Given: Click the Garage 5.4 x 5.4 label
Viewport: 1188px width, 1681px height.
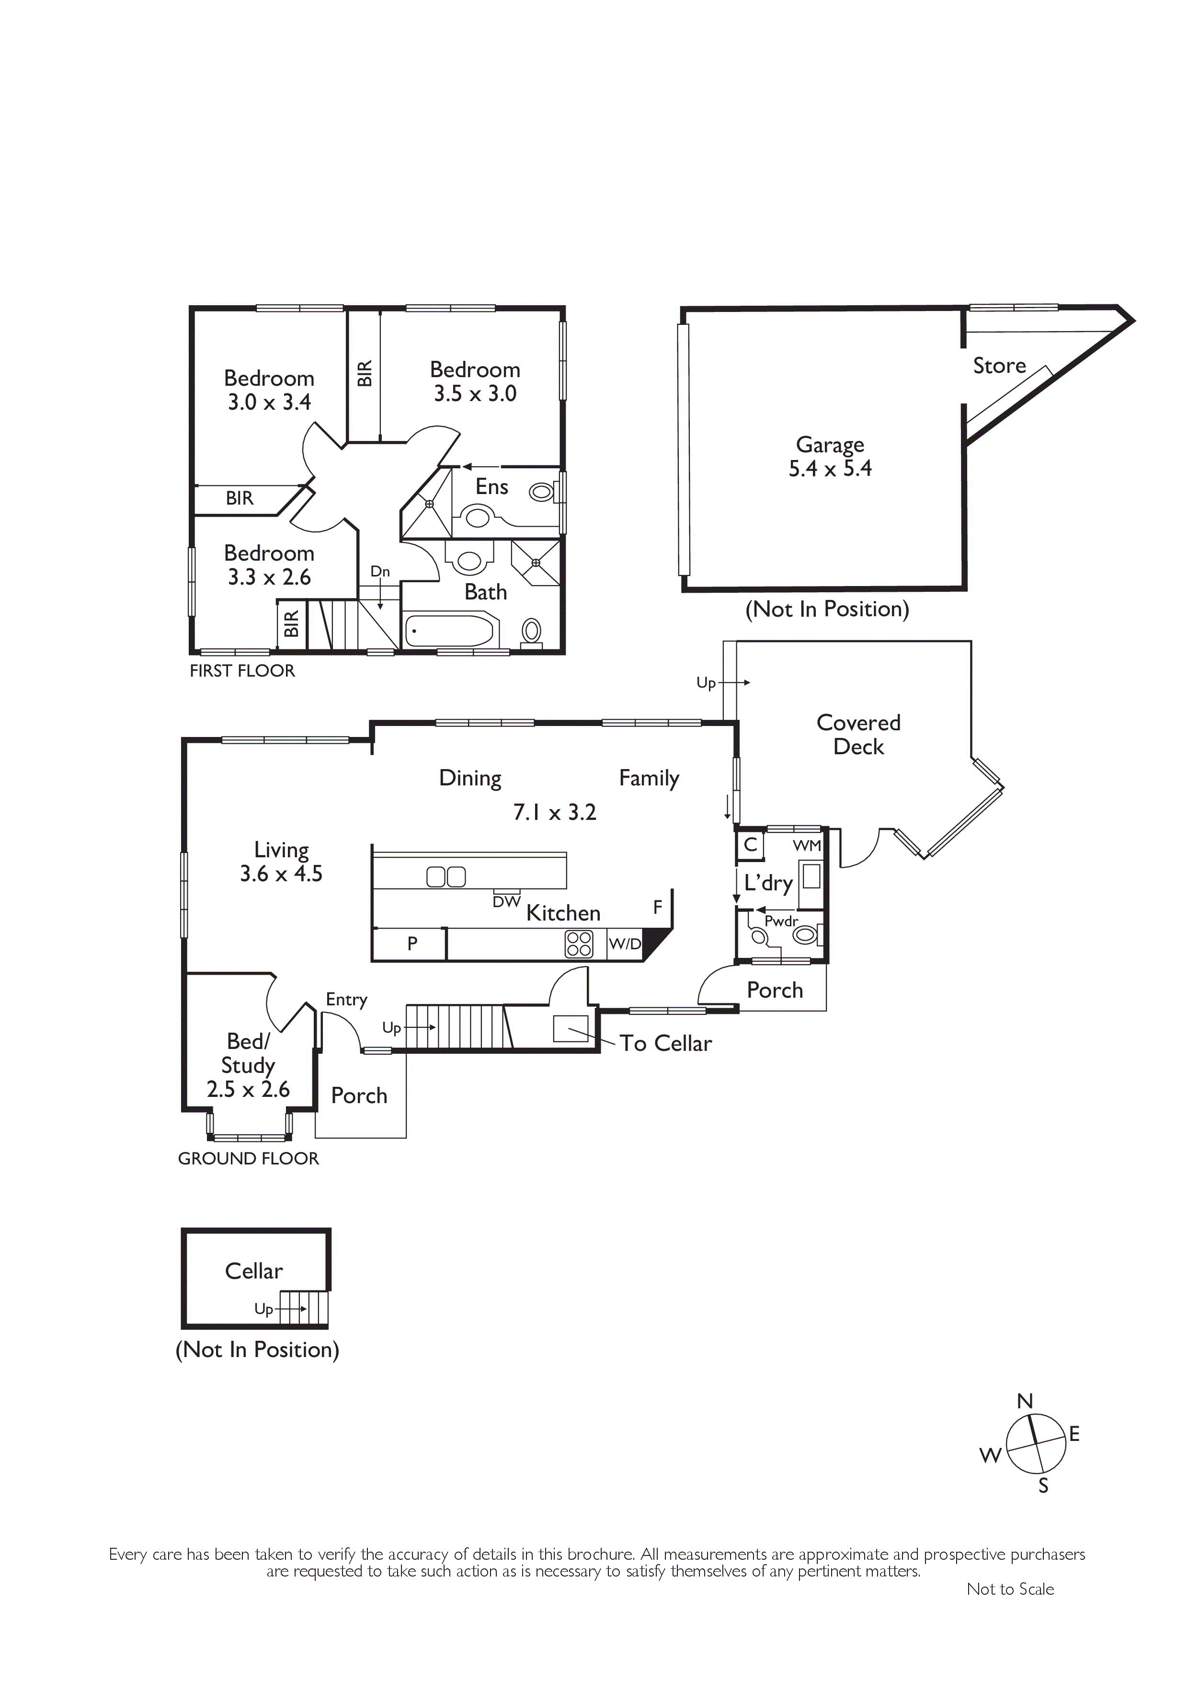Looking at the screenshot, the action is coord(830,456).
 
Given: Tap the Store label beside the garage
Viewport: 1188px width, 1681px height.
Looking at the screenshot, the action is coord(999,365).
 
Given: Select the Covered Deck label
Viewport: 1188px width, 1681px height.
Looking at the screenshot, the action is coord(858,734).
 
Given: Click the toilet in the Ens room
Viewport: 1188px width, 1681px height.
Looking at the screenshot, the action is coord(543,492).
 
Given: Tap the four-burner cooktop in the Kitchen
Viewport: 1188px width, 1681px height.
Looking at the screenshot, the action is coord(579,944).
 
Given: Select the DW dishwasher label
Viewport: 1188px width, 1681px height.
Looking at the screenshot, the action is coord(506,902).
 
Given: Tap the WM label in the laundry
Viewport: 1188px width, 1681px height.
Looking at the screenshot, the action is coord(807,846).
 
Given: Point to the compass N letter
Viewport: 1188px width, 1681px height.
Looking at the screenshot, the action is coord(1025,1401).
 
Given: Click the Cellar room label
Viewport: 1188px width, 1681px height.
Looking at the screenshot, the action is coord(253,1270).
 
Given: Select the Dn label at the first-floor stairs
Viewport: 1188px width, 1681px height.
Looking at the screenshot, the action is coord(380,571).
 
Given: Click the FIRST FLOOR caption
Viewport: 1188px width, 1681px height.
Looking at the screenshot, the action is coord(242,671).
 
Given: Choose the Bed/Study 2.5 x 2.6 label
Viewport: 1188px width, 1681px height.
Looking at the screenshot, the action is coord(248,1065).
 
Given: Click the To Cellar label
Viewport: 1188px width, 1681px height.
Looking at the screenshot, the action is coord(665,1043).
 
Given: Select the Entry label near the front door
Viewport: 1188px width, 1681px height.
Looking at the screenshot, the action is coord(346,1000).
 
